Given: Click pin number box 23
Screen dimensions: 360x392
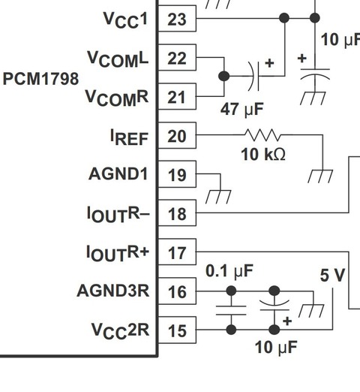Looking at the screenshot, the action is [177, 19].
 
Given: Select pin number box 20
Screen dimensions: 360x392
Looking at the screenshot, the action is [177, 135].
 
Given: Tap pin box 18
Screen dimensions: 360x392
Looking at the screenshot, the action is [177, 213].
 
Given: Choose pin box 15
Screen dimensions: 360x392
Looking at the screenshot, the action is [177, 330].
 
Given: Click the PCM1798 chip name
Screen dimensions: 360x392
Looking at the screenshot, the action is [40, 79].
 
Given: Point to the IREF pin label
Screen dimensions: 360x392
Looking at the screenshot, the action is [129, 137].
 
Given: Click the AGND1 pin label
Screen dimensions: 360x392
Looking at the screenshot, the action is [118, 173].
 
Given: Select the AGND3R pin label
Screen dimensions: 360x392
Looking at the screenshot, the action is [113, 291].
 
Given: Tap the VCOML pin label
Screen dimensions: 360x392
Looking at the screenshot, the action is [118, 59].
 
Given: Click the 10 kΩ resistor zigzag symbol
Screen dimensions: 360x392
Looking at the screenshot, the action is [262, 135].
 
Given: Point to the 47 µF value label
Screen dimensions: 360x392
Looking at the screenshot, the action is [241, 109].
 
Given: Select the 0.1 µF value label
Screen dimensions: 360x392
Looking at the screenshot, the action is [229, 271].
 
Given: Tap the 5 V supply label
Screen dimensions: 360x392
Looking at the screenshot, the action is [332, 275].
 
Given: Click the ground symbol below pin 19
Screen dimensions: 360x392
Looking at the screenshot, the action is [218, 197].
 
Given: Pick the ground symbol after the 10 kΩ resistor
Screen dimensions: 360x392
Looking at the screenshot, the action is [320, 176].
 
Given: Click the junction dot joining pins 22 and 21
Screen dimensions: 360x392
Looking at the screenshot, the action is [224, 76].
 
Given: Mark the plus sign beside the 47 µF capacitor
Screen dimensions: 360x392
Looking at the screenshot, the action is [269, 63].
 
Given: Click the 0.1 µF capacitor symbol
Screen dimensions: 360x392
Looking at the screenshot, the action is [231, 310].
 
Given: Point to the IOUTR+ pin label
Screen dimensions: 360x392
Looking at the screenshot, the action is [118, 253].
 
